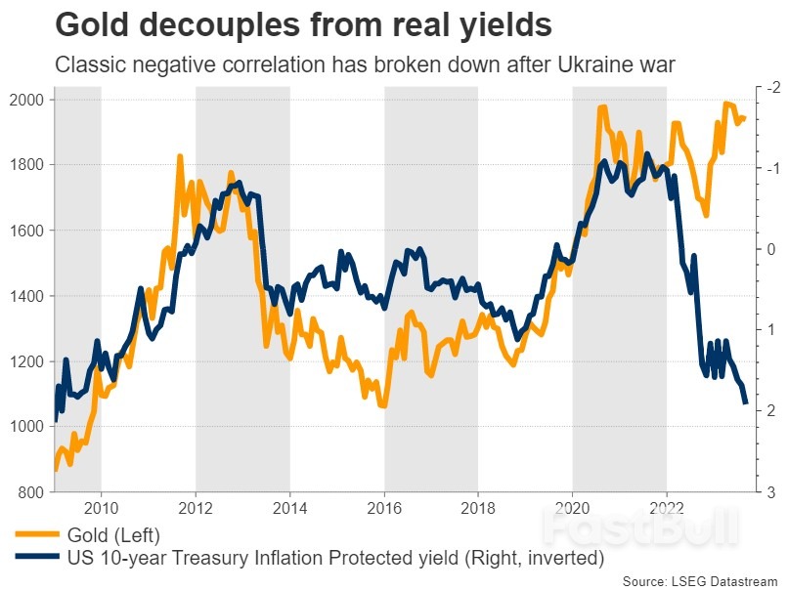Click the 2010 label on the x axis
tap(102, 508)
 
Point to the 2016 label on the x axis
tap(384, 508)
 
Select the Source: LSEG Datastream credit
tap(702, 580)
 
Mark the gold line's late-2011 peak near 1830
tap(180, 156)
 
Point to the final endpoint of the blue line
tap(746, 402)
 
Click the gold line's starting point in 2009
tap(56, 469)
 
